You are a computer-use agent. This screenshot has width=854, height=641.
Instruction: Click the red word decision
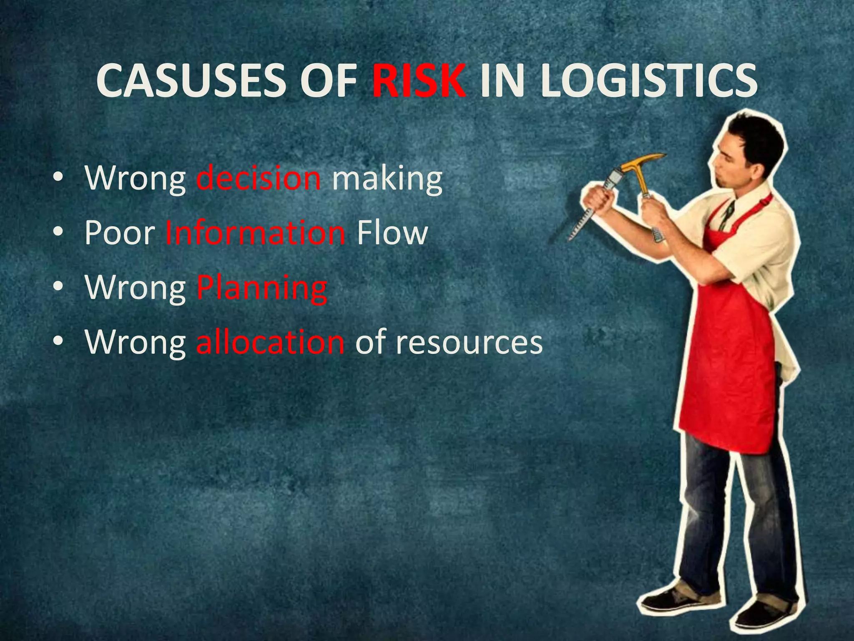[x=259, y=179]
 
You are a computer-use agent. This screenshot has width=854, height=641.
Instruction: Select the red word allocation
[x=270, y=342]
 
